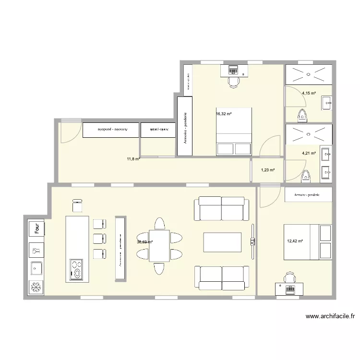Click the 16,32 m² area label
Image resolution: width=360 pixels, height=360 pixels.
pyautogui.click(x=224, y=114)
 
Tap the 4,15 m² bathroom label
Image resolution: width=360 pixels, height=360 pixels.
pyautogui.click(x=309, y=93)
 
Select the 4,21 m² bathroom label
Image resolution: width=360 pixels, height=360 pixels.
pyautogui.click(x=309, y=154)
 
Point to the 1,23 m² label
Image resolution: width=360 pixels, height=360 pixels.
pyautogui.click(x=268, y=170)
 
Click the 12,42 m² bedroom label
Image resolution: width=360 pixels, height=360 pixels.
pyautogui.click(x=295, y=241)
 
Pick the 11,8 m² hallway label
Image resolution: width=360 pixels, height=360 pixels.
pyautogui.click(x=133, y=159)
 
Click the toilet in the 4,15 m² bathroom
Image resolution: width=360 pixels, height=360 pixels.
pyautogui.click(x=302, y=115)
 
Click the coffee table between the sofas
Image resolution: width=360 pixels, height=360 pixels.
pyautogui.click(x=222, y=242)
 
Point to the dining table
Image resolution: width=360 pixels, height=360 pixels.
pyautogui.click(x=159, y=245)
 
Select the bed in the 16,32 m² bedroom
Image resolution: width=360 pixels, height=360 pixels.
pyautogui.click(x=234, y=132)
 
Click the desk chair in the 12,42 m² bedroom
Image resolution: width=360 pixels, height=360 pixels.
pyautogui.click(x=289, y=278)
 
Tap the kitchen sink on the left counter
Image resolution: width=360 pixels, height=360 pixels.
pyautogui.click(x=36, y=268)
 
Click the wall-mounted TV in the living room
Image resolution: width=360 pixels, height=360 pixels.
pyautogui.click(x=252, y=242)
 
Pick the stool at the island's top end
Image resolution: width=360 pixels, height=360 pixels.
pyautogui.click(x=77, y=206)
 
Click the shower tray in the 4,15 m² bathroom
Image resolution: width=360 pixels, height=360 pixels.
pyautogui.click(x=309, y=74)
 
